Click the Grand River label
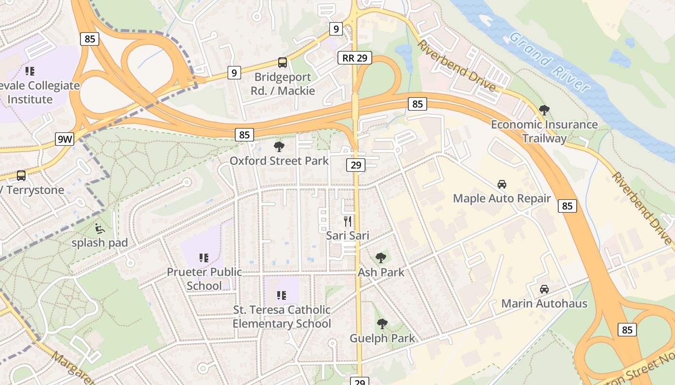[x=549, y=62]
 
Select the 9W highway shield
[x=65, y=140]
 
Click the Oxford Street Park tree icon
[x=279, y=147]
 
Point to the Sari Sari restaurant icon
[x=348, y=221]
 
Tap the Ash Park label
[x=381, y=272]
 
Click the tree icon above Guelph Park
[x=382, y=324]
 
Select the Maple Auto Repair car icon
[x=502, y=184]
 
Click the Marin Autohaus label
[x=544, y=304]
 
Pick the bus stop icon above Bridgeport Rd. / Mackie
[x=283, y=63]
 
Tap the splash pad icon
[x=100, y=228]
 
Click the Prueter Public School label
[x=204, y=279]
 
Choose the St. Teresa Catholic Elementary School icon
[x=282, y=295]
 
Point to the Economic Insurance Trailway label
[x=544, y=131]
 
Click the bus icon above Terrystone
[x=21, y=176]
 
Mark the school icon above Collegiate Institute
[x=30, y=71]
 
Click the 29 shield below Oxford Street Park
[x=355, y=166]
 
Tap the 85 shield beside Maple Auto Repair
[x=567, y=206]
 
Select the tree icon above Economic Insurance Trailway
[x=544, y=110]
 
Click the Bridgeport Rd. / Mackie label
[x=283, y=84]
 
